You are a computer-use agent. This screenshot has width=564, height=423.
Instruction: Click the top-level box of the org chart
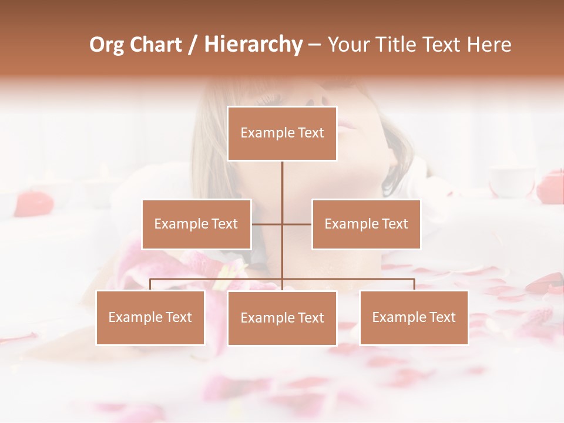pos(282,133)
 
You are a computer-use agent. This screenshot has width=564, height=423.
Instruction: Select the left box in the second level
pos(196,224)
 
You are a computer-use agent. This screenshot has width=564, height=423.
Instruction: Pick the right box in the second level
pos(366,224)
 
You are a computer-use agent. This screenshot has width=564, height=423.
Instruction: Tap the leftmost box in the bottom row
pos(150,317)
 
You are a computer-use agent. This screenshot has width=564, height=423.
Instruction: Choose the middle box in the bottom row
pos(282,318)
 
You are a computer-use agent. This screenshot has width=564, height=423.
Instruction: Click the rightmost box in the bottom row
pos(414,317)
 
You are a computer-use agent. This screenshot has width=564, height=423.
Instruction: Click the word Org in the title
pos(107,45)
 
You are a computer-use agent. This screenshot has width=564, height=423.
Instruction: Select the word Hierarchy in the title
pos(253,45)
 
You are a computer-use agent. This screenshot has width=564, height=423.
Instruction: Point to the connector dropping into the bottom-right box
pos(414,284)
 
